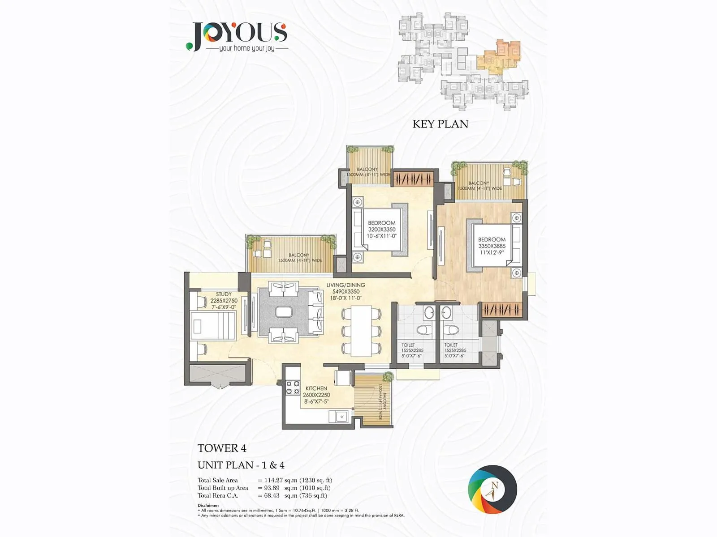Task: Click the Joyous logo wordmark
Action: [238, 32]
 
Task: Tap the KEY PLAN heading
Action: [440, 124]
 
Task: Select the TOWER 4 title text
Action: [222, 448]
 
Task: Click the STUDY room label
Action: [224, 294]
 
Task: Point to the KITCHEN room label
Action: [316, 388]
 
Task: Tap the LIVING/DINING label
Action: [346, 285]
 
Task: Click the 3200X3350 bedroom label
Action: [382, 229]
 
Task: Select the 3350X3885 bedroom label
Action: [492, 246]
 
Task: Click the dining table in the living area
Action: [361, 330]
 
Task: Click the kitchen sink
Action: [340, 417]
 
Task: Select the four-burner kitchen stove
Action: [293, 387]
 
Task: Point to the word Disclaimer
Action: [208, 505]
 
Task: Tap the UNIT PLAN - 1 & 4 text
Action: [241, 465]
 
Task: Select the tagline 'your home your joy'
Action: [246, 48]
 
